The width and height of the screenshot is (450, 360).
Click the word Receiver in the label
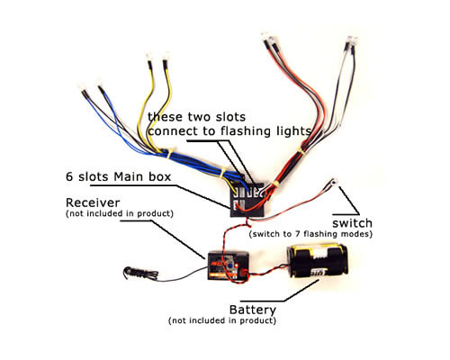tap(93, 202)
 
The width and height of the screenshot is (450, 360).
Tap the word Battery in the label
tap(253, 310)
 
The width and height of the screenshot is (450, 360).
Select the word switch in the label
tap(352, 223)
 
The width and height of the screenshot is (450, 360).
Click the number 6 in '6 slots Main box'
tap(69, 176)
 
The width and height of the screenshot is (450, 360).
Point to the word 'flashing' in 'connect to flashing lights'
tap(246, 131)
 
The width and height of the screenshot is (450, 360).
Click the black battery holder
tap(318, 261)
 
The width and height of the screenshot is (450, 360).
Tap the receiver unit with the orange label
tap(228, 265)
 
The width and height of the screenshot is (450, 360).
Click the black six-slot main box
tap(247, 201)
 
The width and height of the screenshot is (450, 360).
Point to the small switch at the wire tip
tap(334, 182)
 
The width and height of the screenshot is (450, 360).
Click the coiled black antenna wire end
tap(130, 273)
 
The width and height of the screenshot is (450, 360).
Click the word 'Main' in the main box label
tap(130, 176)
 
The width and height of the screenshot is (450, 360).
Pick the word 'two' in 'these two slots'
tap(200, 117)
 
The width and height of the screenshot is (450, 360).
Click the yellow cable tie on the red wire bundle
tap(301, 151)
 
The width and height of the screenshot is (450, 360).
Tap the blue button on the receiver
tap(230, 265)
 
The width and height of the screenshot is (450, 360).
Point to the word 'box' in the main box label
tap(159, 176)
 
